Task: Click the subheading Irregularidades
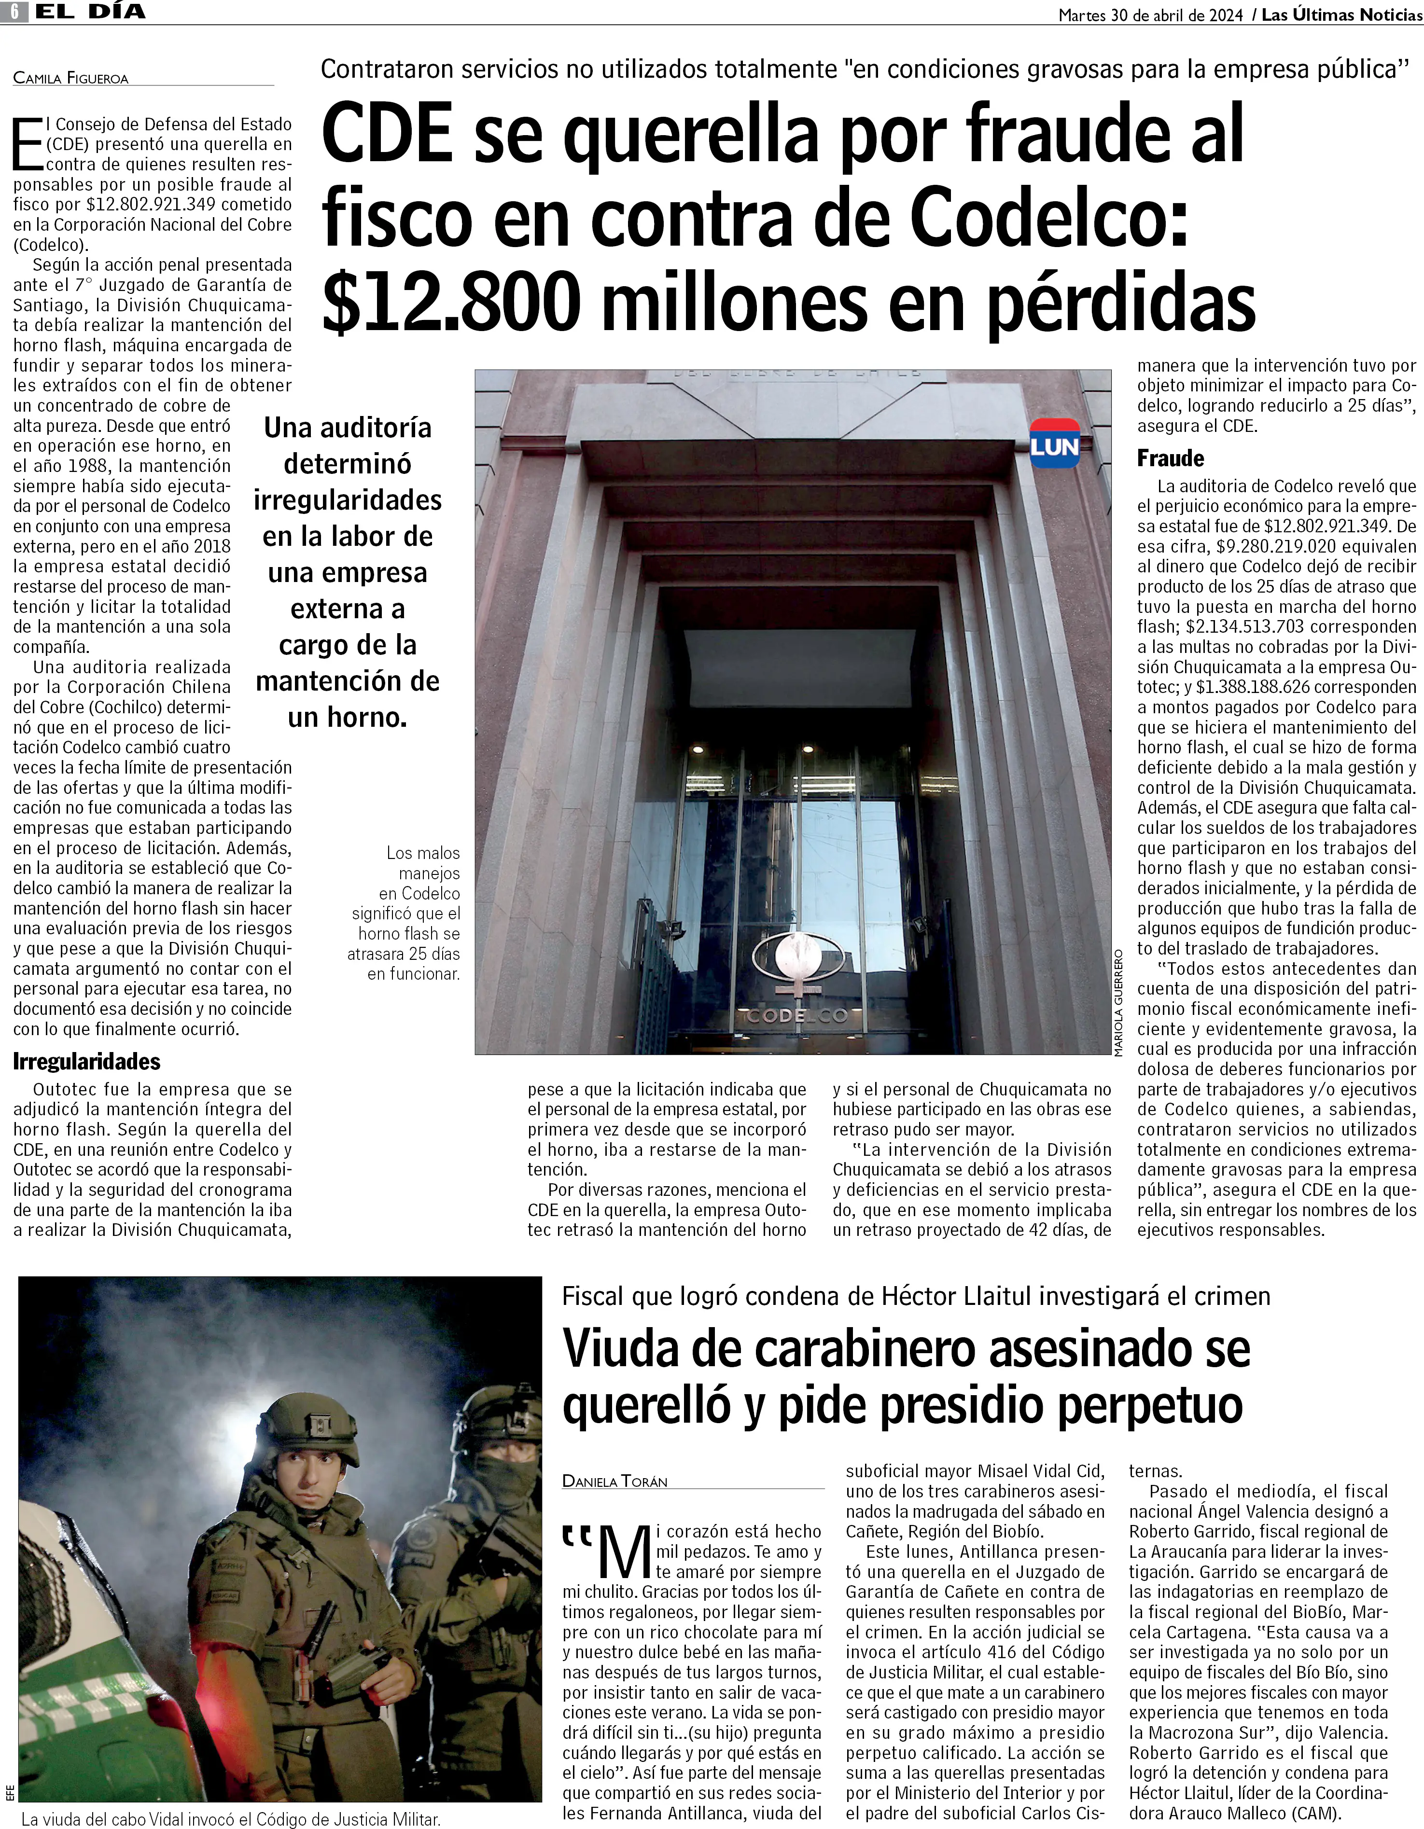click(86, 1062)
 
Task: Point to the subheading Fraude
click(1170, 459)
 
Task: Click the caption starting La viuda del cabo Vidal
click(230, 1819)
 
